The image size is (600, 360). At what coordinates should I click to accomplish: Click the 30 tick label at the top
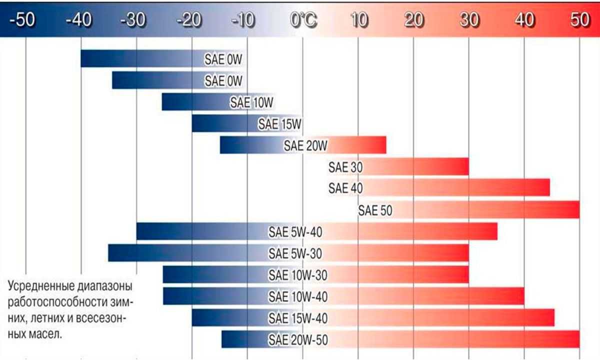(469, 21)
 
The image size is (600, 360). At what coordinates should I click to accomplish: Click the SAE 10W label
(251, 102)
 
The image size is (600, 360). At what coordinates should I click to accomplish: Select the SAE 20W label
(305, 145)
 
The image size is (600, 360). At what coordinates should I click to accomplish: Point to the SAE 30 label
(345, 167)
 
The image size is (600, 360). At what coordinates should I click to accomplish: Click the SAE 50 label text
(375, 210)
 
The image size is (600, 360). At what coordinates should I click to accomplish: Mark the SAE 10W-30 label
(298, 275)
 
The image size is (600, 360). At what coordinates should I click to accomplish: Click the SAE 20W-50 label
(298, 340)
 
